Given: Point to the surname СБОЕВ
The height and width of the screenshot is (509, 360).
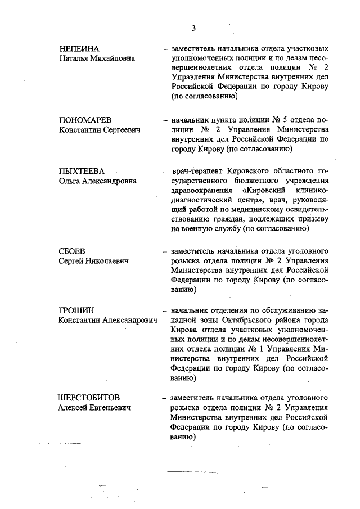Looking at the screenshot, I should (x=71, y=251).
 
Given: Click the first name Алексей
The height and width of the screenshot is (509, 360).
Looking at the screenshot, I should (x=75, y=407).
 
